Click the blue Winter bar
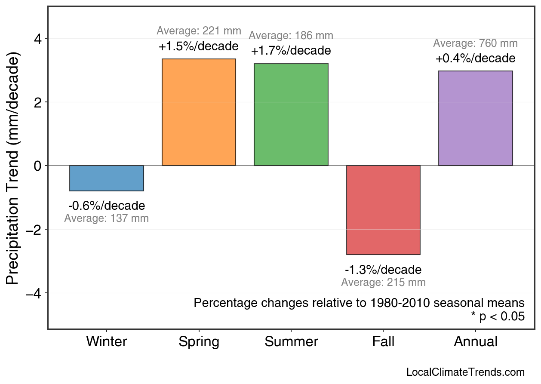click(x=107, y=178)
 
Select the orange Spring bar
click(x=199, y=112)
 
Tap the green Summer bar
click(x=291, y=115)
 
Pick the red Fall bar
click(x=383, y=210)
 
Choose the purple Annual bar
click(x=475, y=118)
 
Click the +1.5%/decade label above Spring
click(x=199, y=46)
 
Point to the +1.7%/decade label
click(x=291, y=51)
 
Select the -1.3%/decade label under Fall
click(x=383, y=270)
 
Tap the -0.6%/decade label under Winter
click(x=107, y=206)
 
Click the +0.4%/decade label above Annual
click(x=475, y=58)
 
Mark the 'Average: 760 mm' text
click(x=475, y=43)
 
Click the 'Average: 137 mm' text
click(x=107, y=218)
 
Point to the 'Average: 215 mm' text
click(x=383, y=283)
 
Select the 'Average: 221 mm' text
click(x=199, y=31)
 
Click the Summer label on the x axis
click(x=291, y=342)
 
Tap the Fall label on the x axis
click(x=383, y=342)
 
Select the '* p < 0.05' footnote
click(x=498, y=317)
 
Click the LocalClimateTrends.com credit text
click(x=465, y=372)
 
